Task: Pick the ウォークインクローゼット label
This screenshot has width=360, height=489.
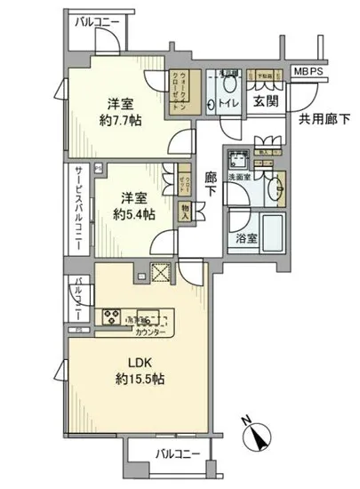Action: pos(182,88)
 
